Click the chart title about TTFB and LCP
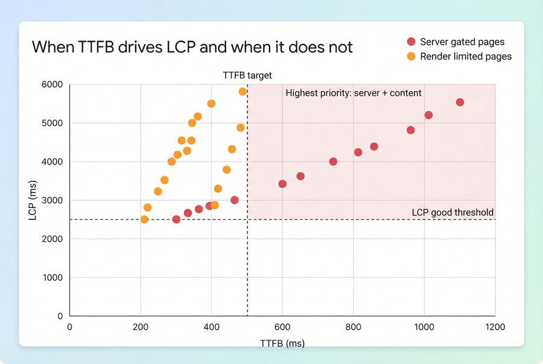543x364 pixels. [x=192, y=46]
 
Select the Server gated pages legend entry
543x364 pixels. [x=462, y=42]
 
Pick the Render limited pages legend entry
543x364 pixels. [x=465, y=56]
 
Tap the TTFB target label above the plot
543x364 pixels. [x=247, y=75]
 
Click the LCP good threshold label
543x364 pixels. [x=453, y=212]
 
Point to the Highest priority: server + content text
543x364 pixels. [x=354, y=93]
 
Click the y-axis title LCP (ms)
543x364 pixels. [x=33, y=200]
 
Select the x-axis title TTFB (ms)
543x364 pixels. [x=282, y=343]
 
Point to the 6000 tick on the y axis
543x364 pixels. [x=52, y=84]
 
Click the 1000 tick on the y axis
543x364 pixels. [x=52, y=277]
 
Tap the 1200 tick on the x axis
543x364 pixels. [x=495, y=327]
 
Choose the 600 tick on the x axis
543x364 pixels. [x=282, y=327]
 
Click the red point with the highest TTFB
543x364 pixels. [x=460, y=102]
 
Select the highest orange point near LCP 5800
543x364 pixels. [x=243, y=92]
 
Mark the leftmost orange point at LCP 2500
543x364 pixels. [x=144, y=219]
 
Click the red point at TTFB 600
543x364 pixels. [x=282, y=184]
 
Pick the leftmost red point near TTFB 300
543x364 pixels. [x=176, y=219]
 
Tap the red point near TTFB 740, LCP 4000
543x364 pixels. [x=333, y=162]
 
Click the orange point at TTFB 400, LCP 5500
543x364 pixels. [x=211, y=104]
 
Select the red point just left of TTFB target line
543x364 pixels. [x=235, y=200]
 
